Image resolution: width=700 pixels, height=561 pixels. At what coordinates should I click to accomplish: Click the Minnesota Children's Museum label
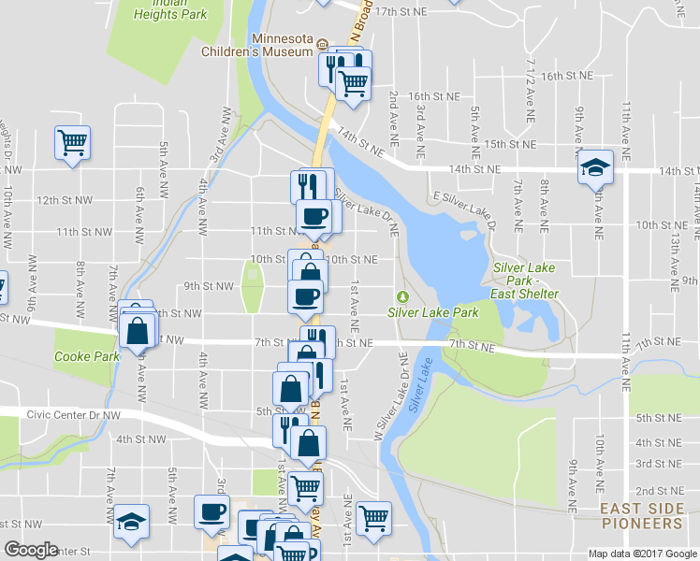[256, 45]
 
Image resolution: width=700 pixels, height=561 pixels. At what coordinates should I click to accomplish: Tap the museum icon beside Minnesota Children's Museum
[321, 44]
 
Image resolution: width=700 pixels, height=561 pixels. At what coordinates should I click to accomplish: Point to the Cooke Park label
[86, 356]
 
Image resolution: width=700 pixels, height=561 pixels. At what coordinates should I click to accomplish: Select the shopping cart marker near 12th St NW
[72, 143]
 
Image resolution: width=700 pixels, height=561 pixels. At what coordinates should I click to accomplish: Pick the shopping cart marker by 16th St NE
[353, 83]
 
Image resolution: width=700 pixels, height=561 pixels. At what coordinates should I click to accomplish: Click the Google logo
[31, 550]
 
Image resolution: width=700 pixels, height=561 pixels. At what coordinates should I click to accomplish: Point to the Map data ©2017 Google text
[642, 554]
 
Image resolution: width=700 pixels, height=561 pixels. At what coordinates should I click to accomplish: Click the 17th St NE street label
[400, 11]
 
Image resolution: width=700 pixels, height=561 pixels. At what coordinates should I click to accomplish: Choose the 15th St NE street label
[510, 145]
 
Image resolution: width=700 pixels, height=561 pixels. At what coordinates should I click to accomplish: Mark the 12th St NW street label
[64, 200]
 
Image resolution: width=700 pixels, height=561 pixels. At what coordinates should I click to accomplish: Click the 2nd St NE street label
[659, 491]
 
